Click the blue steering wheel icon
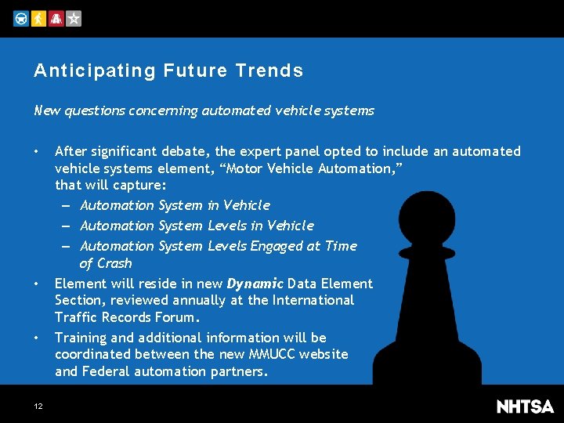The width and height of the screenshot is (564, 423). pyautogui.click(x=21, y=19)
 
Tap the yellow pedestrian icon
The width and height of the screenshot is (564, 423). pyautogui.click(x=38, y=19)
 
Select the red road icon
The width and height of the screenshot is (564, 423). pyautogui.click(x=56, y=19)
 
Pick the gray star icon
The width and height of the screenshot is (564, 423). pyautogui.click(x=73, y=19)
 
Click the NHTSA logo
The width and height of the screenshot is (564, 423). pyautogui.click(x=525, y=406)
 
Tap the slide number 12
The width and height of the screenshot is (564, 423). pyautogui.click(x=38, y=406)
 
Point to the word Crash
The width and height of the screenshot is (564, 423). pyautogui.click(x=114, y=264)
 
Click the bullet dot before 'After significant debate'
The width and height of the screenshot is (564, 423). pyautogui.click(x=37, y=151)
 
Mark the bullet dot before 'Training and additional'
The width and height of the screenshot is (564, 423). pyautogui.click(x=37, y=338)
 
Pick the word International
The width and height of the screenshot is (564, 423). pyautogui.click(x=309, y=300)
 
